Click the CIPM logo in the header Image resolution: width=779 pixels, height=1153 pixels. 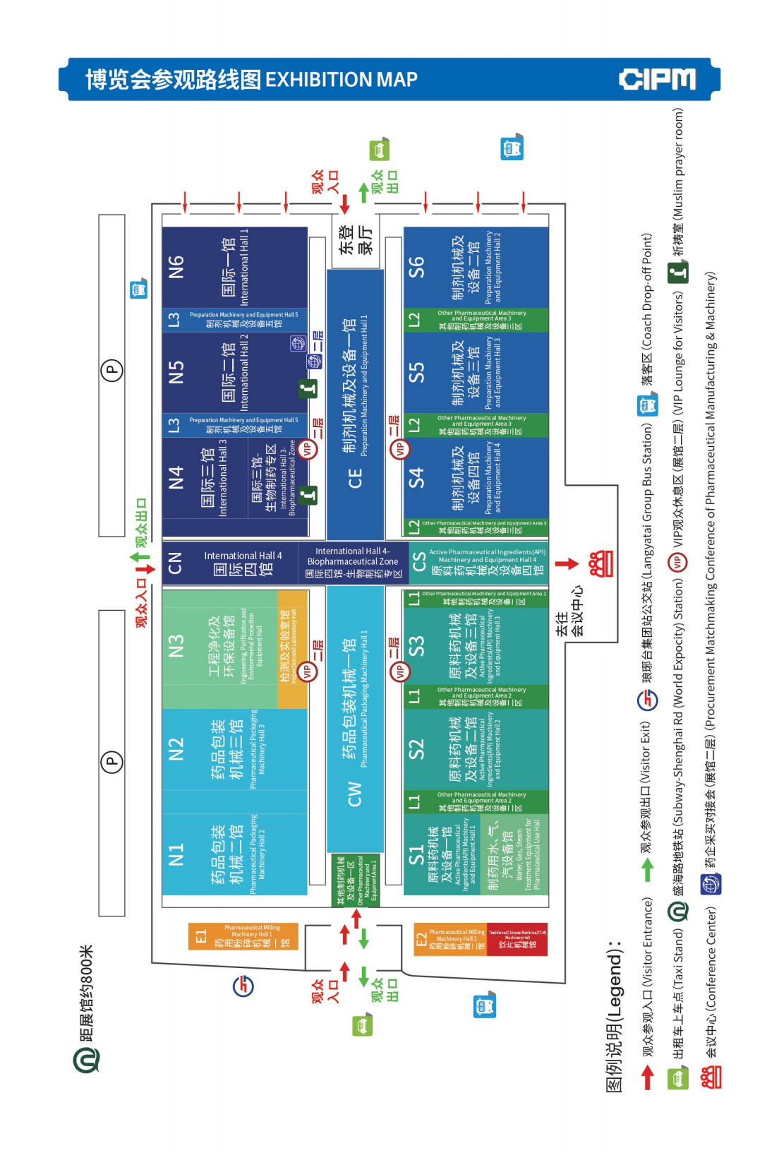(x=657, y=80)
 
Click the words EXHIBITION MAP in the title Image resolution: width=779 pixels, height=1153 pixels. (x=341, y=80)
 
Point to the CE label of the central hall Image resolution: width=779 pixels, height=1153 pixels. (x=355, y=478)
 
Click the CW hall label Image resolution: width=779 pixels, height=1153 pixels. (x=355, y=793)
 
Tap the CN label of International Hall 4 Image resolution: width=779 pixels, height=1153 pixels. (x=176, y=563)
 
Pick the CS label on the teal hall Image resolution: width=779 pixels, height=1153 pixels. (x=418, y=562)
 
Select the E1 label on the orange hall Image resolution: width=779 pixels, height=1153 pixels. (x=201, y=936)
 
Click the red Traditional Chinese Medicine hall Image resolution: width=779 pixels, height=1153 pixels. (x=517, y=939)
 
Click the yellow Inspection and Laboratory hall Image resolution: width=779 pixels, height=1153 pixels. (x=292, y=648)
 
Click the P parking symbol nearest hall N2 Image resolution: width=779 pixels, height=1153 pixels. (x=111, y=761)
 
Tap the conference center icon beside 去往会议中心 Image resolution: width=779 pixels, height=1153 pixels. (x=601, y=563)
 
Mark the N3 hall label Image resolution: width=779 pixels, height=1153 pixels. (x=176, y=645)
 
